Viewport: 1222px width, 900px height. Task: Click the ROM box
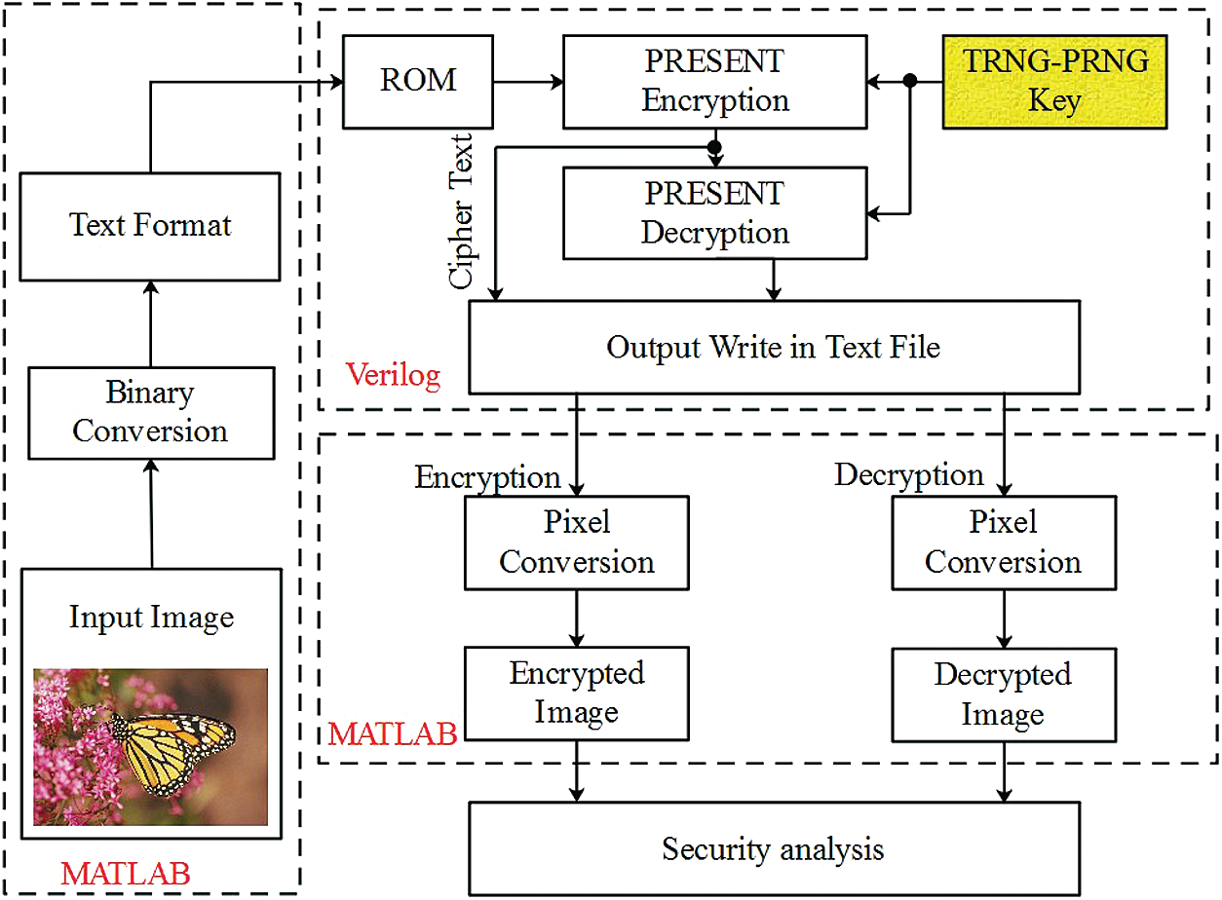[x=418, y=82]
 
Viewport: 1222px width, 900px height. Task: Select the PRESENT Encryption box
[x=714, y=82]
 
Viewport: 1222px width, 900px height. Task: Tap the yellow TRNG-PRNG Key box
[x=1054, y=82]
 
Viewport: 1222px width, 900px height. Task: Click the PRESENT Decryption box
[x=714, y=213]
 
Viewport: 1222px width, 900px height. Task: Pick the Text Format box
[x=150, y=227]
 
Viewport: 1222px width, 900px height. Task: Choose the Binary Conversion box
[x=151, y=413]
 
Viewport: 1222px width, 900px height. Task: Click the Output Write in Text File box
[x=774, y=348]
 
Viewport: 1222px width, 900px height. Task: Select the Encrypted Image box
[x=577, y=694]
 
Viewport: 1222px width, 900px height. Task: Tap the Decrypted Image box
[x=1004, y=694]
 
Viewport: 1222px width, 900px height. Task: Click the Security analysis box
[x=774, y=848]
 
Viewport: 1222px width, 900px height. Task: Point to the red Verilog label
[x=394, y=376]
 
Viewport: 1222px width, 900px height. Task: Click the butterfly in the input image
[x=172, y=752]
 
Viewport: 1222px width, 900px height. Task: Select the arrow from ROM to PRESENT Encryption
[x=528, y=83]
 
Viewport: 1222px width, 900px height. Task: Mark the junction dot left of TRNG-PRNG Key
[x=909, y=81]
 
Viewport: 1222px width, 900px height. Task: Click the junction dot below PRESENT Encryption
[x=714, y=147]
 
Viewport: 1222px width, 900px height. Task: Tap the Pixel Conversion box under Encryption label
[x=577, y=543]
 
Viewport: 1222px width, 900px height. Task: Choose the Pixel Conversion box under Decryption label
[x=1004, y=543]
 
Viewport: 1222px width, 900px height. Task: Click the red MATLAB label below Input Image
[x=126, y=874]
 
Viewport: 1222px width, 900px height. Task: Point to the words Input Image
[x=151, y=618]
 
